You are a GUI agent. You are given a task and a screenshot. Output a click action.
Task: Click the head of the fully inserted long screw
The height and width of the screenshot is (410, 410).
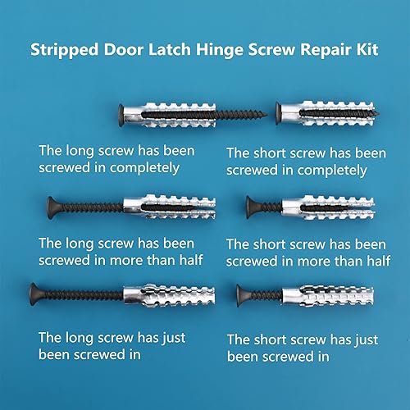pos(124,112)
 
